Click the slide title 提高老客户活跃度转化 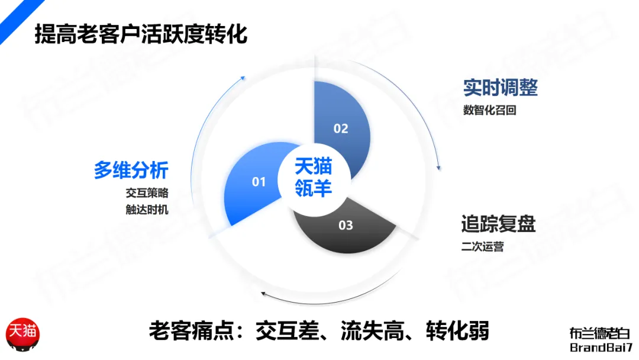(x=141, y=34)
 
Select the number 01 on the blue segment (x=259, y=182)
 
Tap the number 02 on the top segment (x=341, y=128)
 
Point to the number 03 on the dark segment (x=346, y=225)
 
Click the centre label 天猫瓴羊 (x=313, y=176)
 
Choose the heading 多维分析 (x=131, y=171)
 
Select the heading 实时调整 (x=500, y=88)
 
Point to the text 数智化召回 (x=490, y=110)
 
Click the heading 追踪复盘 (x=498, y=224)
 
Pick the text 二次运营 (x=483, y=246)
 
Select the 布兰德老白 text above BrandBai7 (x=600, y=333)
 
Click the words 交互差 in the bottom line (x=276, y=330)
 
